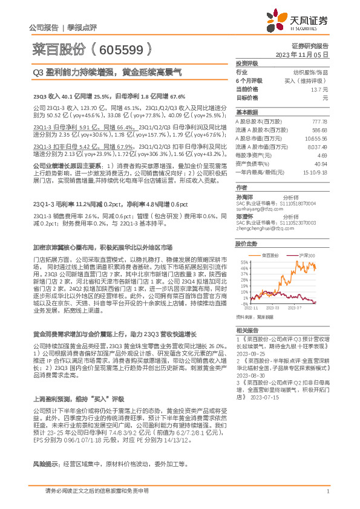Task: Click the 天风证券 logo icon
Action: pos(277,19)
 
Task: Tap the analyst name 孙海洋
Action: pos(244,196)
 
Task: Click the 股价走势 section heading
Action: pos(246,243)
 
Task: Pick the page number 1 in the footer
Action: pos(327,491)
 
